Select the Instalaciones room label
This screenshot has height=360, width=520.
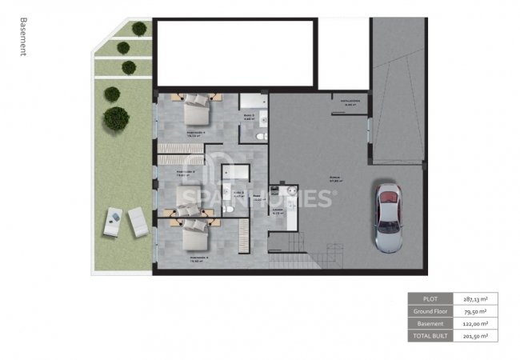[x=350, y=102]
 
